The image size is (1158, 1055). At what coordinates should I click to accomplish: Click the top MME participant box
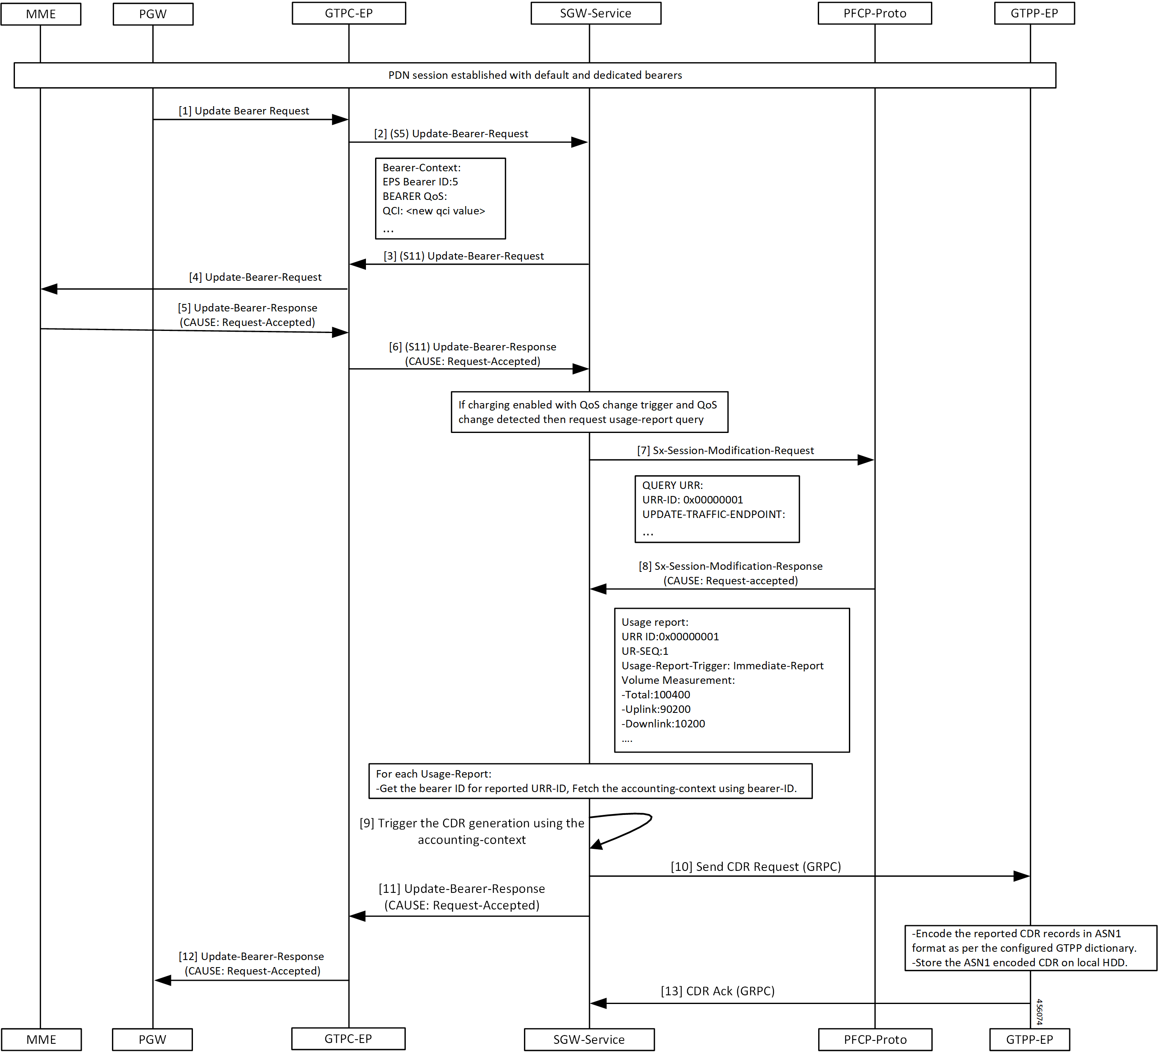(x=41, y=14)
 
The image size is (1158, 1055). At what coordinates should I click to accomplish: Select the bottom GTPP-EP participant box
(x=1029, y=1040)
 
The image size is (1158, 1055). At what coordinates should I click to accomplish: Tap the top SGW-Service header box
(x=596, y=13)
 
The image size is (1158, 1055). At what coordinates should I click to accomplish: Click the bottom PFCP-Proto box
(x=875, y=1040)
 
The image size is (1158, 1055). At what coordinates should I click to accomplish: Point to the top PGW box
(x=153, y=14)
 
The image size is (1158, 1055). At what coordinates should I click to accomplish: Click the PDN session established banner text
(x=535, y=75)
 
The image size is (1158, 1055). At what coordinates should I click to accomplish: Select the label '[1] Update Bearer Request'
(x=244, y=111)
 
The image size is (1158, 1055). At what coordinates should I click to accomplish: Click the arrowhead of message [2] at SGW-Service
(x=580, y=142)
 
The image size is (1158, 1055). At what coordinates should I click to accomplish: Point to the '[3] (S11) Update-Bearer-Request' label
(x=463, y=256)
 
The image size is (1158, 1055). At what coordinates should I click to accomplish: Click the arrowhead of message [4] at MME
(x=49, y=289)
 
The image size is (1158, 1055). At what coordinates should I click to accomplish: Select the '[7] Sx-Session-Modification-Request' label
(x=726, y=451)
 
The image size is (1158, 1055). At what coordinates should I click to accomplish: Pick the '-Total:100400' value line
(x=656, y=695)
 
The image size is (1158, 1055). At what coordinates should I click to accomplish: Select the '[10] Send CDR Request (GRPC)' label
(x=756, y=867)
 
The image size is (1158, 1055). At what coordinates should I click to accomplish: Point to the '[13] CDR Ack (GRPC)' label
(x=717, y=991)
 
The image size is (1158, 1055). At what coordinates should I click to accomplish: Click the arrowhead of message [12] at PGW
(x=163, y=980)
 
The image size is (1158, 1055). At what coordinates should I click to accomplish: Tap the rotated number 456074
(x=1039, y=1011)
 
